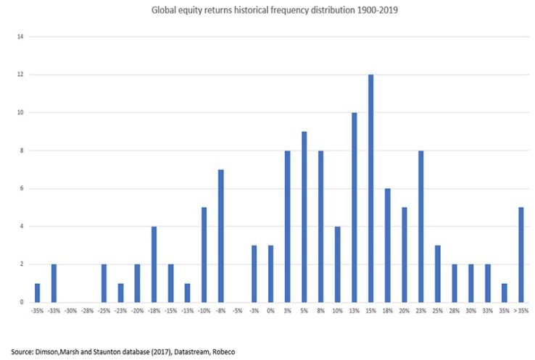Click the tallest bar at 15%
(x=371, y=188)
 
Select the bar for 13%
(x=354, y=207)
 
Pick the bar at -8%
(x=220, y=235)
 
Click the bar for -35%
(x=37, y=293)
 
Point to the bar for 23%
(x=421, y=226)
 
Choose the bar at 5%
(x=304, y=217)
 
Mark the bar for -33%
(x=54, y=283)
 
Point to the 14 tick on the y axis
(x=21, y=36)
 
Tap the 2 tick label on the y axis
(x=22, y=264)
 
